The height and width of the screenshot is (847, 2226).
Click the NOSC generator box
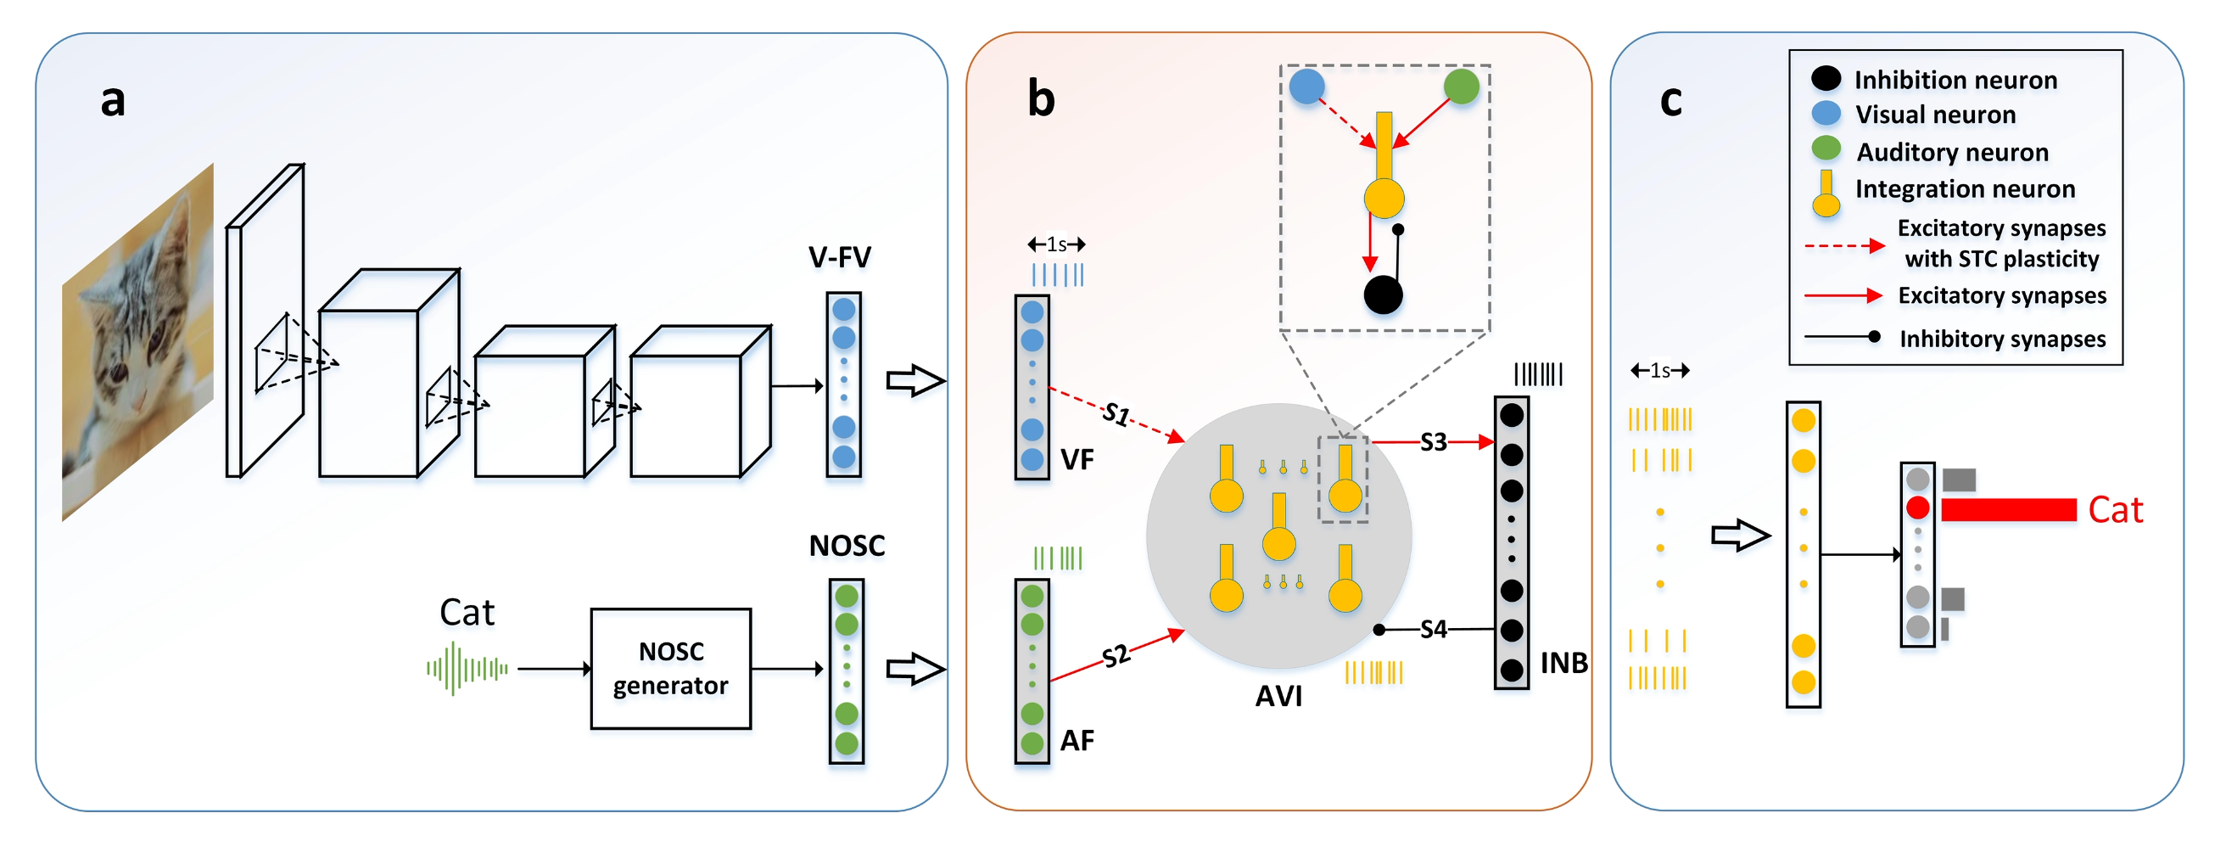pos(670,668)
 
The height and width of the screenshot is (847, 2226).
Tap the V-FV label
pos(839,256)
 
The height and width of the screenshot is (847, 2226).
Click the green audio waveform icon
pos(467,668)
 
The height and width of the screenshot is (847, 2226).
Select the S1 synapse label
pos(1116,414)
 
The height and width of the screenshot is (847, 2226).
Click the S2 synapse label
pos(1116,656)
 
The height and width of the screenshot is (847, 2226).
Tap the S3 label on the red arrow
pos(1433,442)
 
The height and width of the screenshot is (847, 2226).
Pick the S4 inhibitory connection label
pos(1433,629)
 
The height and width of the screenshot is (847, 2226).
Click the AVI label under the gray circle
pos(1278,696)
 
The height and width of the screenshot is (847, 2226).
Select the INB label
pos(1563,663)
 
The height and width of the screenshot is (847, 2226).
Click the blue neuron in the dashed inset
pos(1306,87)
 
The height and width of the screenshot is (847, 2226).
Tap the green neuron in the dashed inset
pos(1462,87)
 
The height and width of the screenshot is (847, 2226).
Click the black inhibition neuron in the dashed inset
pos(1383,294)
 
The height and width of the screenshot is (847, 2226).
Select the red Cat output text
pos(2115,510)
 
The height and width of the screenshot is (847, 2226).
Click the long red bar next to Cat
pos(2008,510)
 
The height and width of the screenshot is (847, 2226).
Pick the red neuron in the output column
pos(1917,508)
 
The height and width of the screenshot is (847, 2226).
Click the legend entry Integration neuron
pos(1964,188)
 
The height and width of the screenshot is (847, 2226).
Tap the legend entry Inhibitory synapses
pos(2001,339)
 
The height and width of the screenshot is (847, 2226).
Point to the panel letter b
pos(1040,98)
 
